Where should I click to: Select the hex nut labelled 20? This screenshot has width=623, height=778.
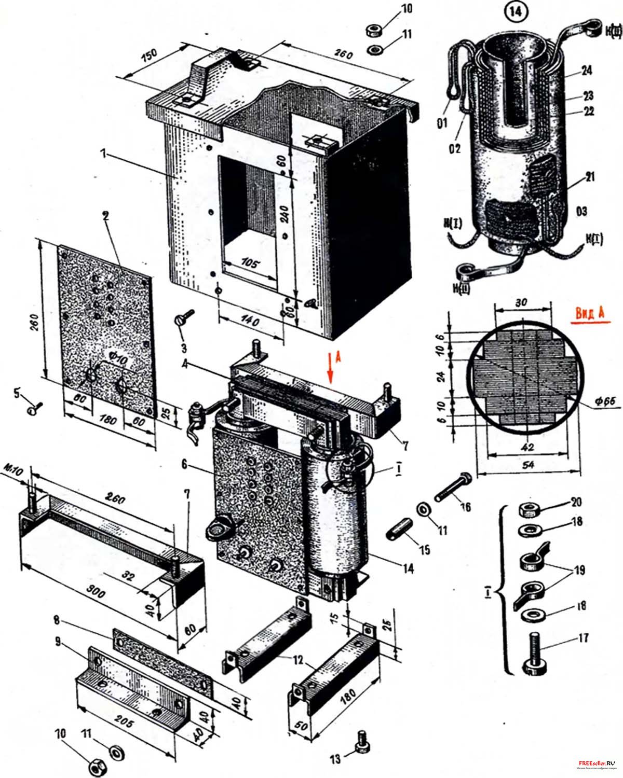tap(528, 510)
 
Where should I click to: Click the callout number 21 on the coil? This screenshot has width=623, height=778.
tap(589, 177)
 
